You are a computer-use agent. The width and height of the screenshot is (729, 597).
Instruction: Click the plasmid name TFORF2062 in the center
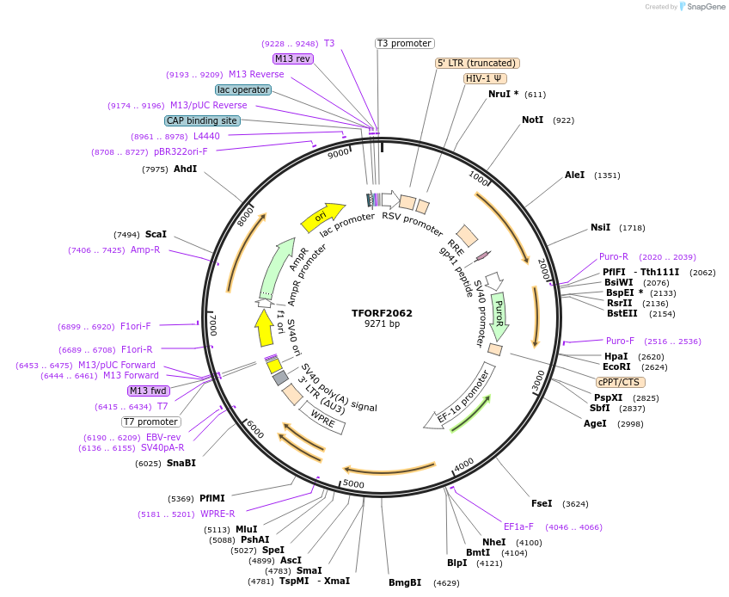pyautogui.click(x=382, y=312)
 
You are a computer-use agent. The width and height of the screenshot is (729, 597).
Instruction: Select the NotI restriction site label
pyautogui.click(x=533, y=120)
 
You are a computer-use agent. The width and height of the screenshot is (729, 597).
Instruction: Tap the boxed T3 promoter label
pyautogui.click(x=405, y=43)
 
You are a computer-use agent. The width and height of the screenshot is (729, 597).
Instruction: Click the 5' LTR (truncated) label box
pyautogui.click(x=477, y=63)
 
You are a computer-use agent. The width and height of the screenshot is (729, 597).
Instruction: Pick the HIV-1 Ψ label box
pyautogui.click(x=485, y=78)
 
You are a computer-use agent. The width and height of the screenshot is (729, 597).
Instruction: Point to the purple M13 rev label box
pyautogui.click(x=292, y=58)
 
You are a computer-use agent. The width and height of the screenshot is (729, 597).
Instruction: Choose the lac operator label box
pyautogui.click(x=243, y=89)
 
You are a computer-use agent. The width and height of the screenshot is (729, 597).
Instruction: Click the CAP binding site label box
pyautogui.click(x=202, y=120)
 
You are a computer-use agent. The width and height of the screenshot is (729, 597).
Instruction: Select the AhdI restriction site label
pyautogui.click(x=185, y=169)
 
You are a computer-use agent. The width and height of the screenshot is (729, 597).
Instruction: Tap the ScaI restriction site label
pyautogui.click(x=156, y=234)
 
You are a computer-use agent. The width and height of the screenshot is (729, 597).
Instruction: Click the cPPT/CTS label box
pyautogui.click(x=619, y=382)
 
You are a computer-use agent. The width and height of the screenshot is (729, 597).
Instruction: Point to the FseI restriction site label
pyautogui.click(x=542, y=503)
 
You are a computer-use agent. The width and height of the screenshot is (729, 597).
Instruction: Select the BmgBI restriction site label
pyautogui.click(x=405, y=582)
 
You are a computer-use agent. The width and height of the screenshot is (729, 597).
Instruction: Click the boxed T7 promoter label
pyautogui.click(x=151, y=422)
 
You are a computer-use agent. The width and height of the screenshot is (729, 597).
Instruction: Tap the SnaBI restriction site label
pyautogui.click(x=181, y=463)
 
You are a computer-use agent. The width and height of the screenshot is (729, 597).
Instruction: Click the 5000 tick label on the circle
pyautogui.click(x=354, y=483)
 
